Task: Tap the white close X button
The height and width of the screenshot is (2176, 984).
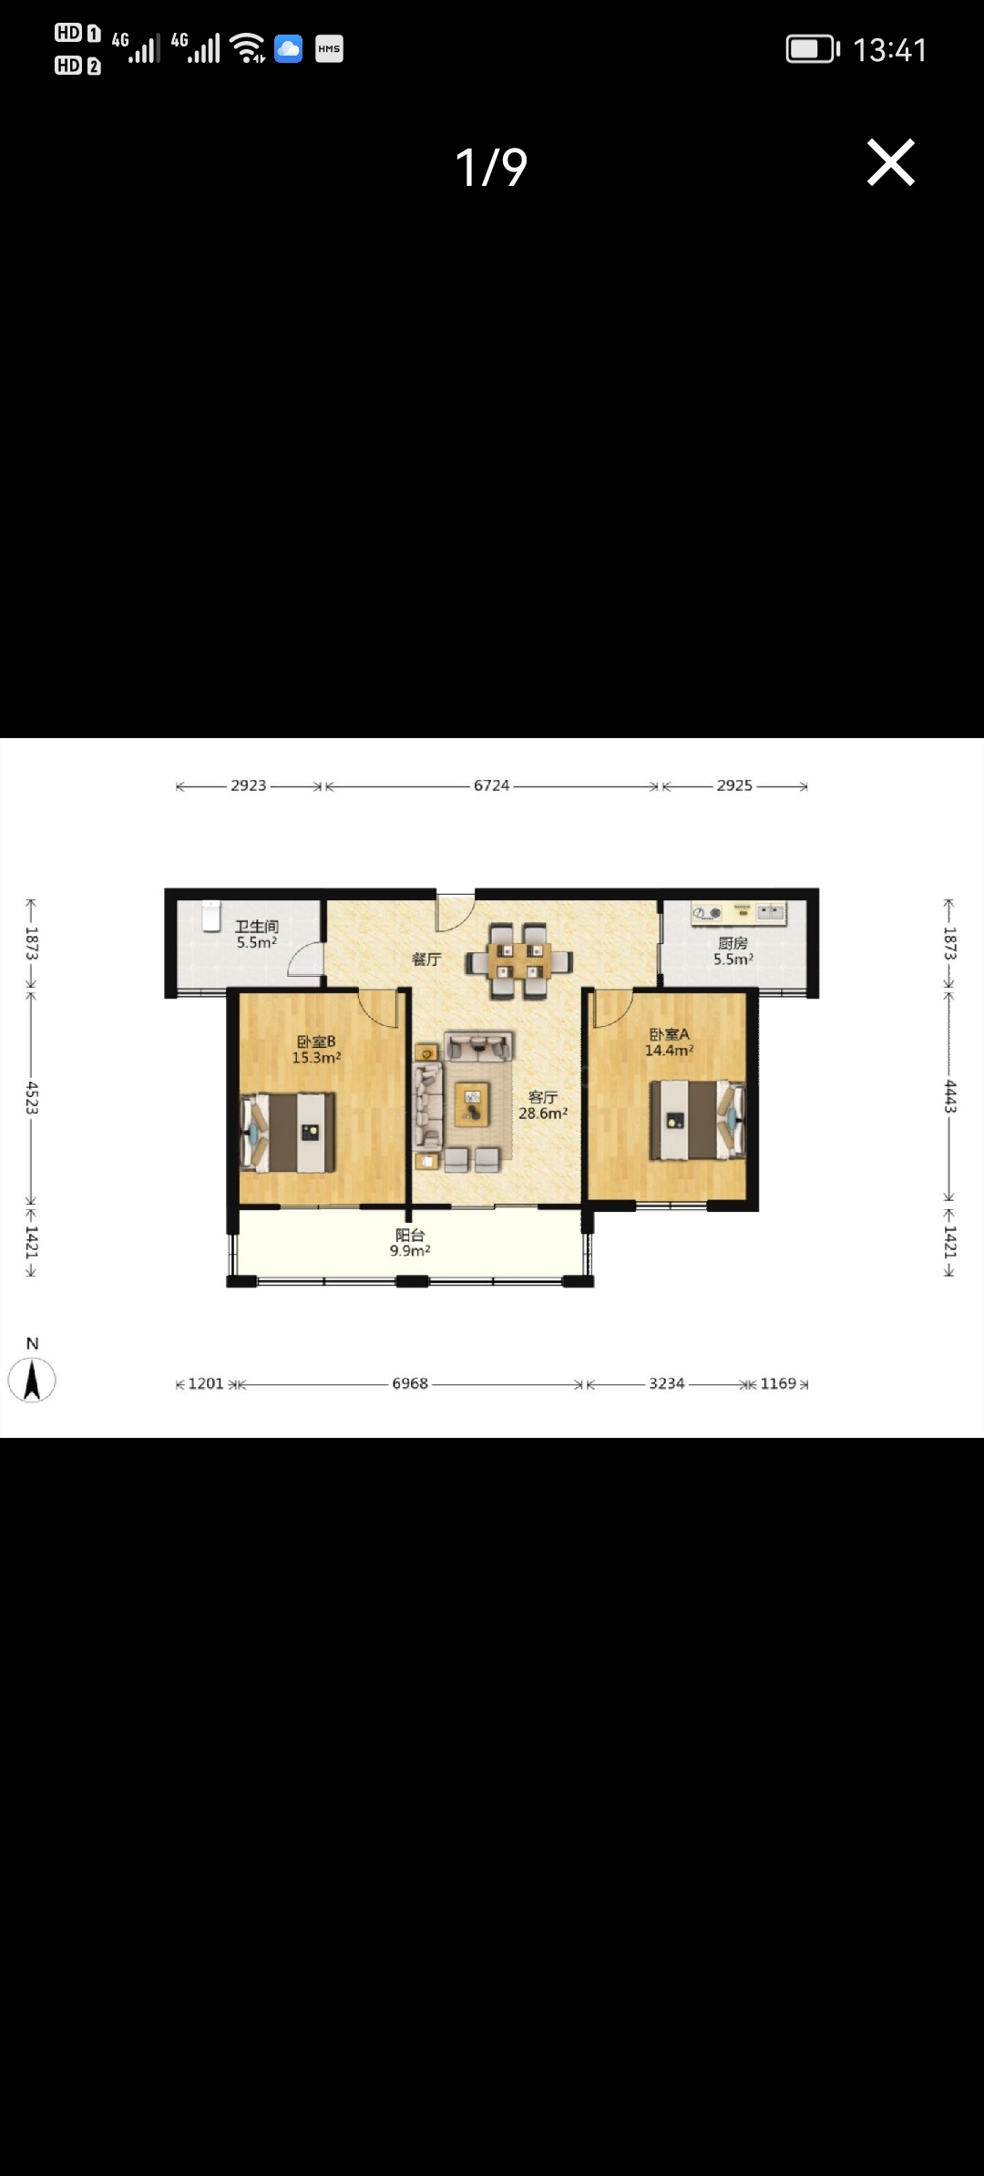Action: click(890, 163)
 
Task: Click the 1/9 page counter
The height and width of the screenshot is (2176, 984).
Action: click(491, 167)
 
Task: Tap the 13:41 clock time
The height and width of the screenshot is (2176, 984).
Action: click(889, 49)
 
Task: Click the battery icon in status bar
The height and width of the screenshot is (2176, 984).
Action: click(813, 49)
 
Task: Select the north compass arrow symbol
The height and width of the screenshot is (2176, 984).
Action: click(32, 1380)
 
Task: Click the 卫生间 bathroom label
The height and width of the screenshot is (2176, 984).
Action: click(257, 927)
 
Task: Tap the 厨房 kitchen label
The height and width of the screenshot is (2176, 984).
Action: click(733, 943)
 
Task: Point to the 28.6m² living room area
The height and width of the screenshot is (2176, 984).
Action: click(543, 1114)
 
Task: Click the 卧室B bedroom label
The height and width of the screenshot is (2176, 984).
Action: click(316, 1042)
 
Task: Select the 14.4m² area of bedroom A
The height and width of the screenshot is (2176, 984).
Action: click(669, 1051)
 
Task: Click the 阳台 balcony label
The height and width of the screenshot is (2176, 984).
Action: click(410, 1235)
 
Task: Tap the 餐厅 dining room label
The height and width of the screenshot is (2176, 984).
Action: click(425, 959)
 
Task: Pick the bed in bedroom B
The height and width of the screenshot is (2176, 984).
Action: click(288, 1133)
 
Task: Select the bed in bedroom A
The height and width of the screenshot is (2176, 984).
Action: click(697, 1120)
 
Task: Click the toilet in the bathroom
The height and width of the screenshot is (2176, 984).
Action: click(211, 916)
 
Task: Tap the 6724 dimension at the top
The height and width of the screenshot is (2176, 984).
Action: click(491, 785)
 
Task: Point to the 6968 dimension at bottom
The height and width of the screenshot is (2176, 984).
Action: click(410, 1383)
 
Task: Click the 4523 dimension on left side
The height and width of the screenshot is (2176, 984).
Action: click(32, 1098)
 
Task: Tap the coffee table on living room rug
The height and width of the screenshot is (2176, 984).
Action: click(472, 1103)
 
